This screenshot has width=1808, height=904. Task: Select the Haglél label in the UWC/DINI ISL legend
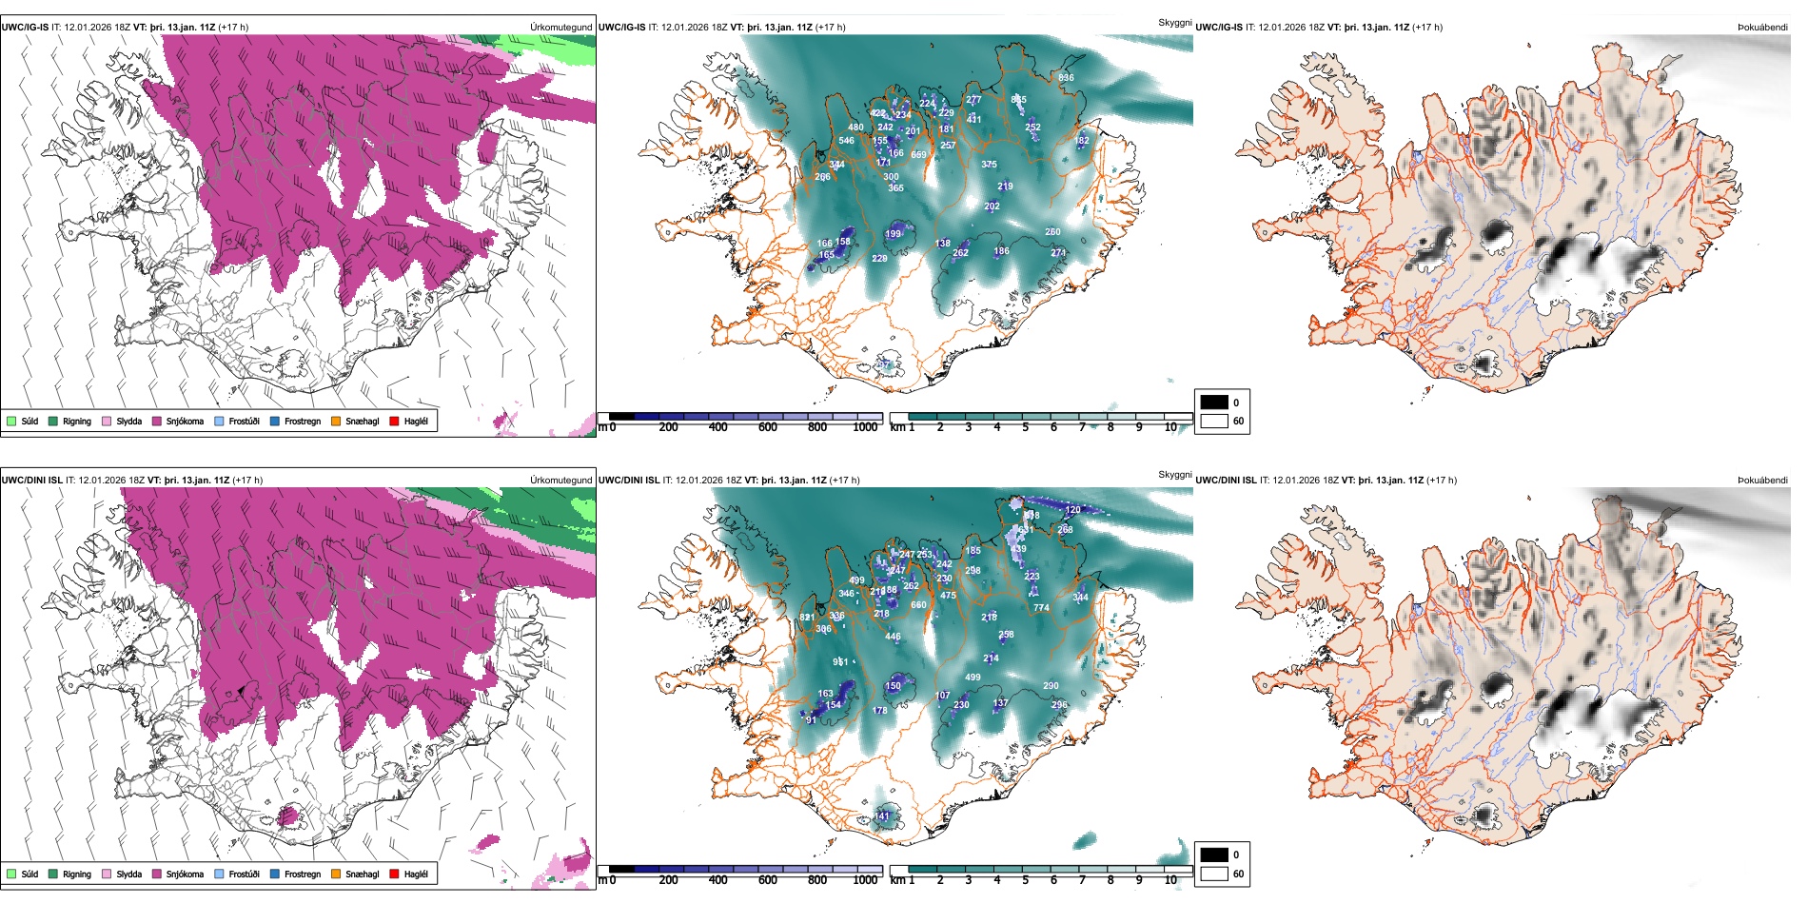pos(416,874)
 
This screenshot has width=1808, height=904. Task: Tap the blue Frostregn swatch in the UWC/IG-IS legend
pos(275,421)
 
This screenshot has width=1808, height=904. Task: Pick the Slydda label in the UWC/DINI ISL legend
pos(129,874)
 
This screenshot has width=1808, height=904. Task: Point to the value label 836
pos(1066,78)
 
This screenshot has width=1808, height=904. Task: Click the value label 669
pos(918,155)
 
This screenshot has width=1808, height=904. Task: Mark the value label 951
pos(840,662)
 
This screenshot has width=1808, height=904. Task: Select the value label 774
pos(1041,607)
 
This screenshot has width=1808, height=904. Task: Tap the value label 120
pos(1072,510)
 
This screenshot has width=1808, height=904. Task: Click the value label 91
pos(811,720)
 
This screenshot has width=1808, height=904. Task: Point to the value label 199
pos(893,234)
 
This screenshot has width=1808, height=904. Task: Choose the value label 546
pos(846,141)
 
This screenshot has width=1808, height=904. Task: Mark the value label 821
pos(807,618)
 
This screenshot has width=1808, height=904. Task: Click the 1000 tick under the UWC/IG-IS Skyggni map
pos(865,427)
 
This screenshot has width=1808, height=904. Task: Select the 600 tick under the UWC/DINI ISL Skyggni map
pos(767,880)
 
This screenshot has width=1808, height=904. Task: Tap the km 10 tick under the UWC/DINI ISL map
pos(1170,880)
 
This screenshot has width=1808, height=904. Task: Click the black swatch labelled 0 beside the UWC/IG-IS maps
pos(1214,403)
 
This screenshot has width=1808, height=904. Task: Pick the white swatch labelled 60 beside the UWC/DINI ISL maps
pos(1214,873)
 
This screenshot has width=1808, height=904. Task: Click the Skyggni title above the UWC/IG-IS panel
pos(1174,23)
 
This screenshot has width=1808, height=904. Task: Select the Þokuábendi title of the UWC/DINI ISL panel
pos(1762,481)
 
